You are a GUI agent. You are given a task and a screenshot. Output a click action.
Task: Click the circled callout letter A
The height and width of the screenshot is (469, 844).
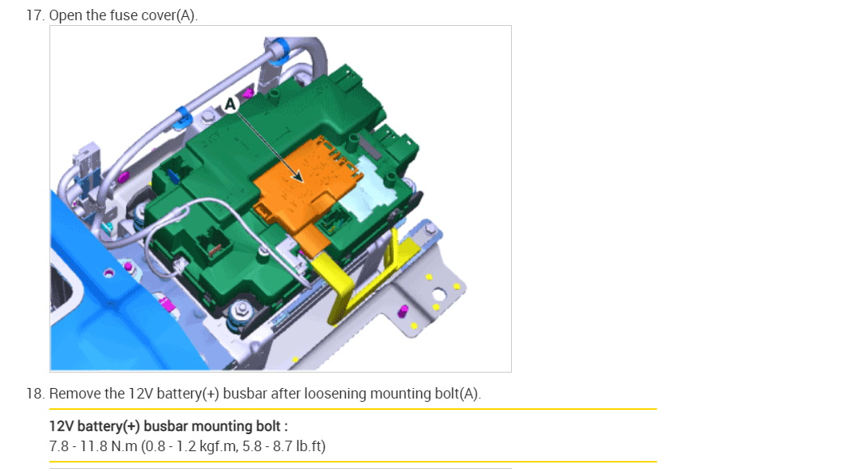tap(230, 104)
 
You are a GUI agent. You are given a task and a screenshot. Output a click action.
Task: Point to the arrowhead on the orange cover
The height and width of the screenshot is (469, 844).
tap(297, 176)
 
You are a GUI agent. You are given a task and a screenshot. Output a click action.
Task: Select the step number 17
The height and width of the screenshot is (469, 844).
tap(35, 15)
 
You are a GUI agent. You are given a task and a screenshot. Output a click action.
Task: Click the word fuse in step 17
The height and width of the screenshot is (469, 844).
tap(124, 15)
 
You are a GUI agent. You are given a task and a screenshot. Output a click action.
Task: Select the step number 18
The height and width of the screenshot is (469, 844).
tap(35, 394)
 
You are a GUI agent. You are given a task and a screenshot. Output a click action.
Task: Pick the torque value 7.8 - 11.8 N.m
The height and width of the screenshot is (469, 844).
tap(93, 446)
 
